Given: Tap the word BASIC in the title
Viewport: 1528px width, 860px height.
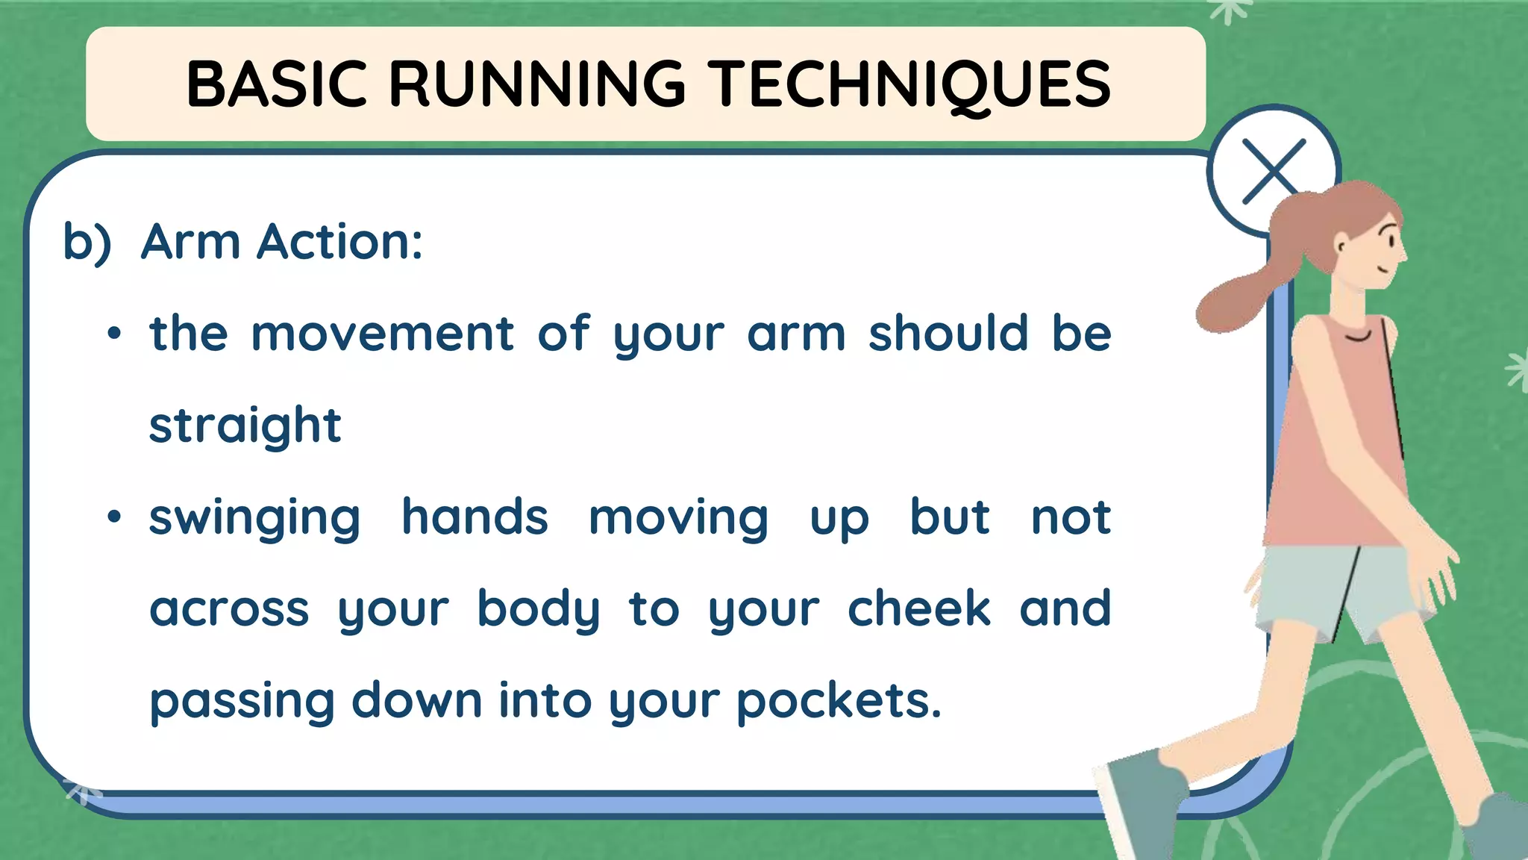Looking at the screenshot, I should tap(277, 84).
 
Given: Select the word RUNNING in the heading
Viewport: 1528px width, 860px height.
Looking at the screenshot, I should tap(536, 84).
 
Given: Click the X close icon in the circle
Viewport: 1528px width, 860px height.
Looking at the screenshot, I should tap(1273, 172).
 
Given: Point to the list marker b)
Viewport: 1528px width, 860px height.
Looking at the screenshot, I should tap(87, 243).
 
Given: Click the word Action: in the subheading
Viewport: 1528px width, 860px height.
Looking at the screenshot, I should tap(339, 242).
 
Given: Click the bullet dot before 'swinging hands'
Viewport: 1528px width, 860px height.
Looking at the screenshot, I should tap(113, 517).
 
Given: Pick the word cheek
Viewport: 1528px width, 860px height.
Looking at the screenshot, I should tap(918, 608).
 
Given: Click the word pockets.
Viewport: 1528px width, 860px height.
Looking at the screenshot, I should tap(839, 701).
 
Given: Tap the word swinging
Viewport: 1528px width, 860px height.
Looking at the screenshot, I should tap(254, 518).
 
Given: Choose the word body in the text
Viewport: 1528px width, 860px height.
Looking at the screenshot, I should tap(538, 609).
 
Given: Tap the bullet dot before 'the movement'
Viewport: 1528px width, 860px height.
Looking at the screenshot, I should tap(113, 334).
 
